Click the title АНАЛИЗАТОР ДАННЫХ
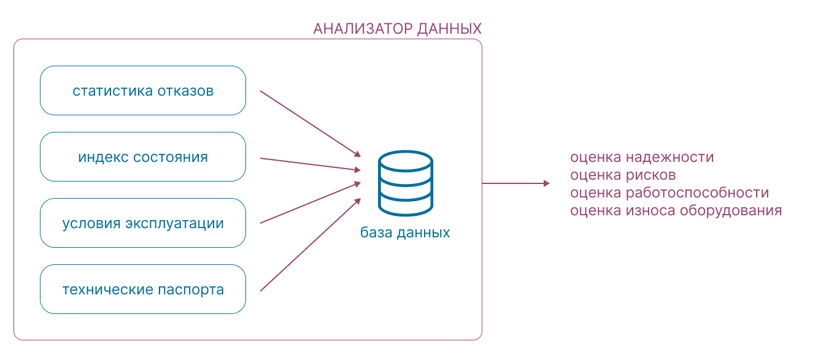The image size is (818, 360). pyautogui.click(x=397, y=29)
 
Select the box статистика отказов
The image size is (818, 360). pyautogui.click(x=143, y=91)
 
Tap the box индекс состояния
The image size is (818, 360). pyautogui.click(x=143, y=157)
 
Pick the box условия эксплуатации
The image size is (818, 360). pyautogui.click(x=143, y=223)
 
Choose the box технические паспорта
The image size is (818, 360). pyautogui.click(x=143, y=289)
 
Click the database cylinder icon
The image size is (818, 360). pyautogui.click(x=405, y=183)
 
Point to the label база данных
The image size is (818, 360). pyautogui.click(x=405, y=233)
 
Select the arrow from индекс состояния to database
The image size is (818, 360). pyautogui.click(x=310, y=164)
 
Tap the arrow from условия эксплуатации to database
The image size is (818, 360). pyautogui.click(x=310, y=202)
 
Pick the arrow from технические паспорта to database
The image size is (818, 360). pyautogui.click(x=310, y=245)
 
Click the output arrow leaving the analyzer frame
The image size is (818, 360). pyautogui.click(x=515, y=183)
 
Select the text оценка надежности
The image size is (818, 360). pyautogui.click(x=642, y=157)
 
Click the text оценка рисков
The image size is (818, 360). pyautogui.click(x=623, y=175)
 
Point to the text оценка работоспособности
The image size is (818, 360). pyautogui.click(x=669, y=193)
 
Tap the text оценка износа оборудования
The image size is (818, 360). pyautogui.click(x=676, y=210)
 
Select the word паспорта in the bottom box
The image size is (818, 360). pyautogui.click(x=191, y=289)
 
